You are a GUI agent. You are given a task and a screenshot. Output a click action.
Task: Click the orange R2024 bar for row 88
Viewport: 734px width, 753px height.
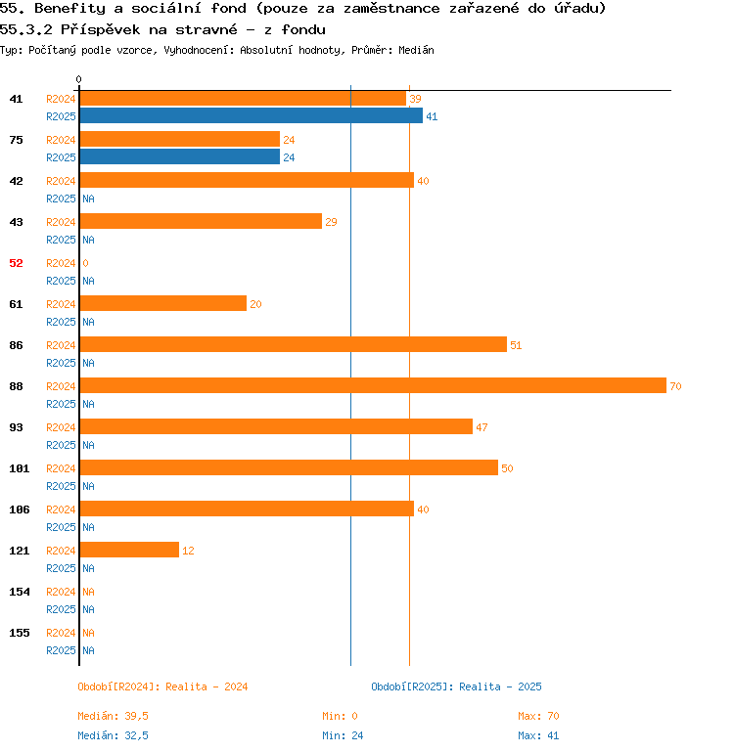tap(372, 385)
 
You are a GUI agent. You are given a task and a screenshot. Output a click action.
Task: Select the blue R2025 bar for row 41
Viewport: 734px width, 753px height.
tap(251, 115)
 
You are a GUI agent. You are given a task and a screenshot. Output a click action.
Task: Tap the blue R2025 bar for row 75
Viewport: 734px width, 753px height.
tap(179, 156)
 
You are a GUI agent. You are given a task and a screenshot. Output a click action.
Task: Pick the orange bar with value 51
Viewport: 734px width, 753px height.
tap(293, 344)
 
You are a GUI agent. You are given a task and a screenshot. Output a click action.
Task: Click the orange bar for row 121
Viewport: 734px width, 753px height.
tap(129, 550)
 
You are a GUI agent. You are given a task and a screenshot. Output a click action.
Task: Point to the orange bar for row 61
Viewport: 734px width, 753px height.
tap(162, 303)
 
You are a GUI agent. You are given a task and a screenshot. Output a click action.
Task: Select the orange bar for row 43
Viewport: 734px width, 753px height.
tap(201, 221)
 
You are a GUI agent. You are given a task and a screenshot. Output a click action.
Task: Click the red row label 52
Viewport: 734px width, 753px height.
tap(17, 263)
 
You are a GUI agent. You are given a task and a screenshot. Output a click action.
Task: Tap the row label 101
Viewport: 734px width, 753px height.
tap(20, 468)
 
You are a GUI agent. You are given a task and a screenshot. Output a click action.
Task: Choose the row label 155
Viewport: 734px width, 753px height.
tap(20, 633)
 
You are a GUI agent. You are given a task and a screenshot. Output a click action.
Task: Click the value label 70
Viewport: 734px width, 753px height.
tap(675, 386)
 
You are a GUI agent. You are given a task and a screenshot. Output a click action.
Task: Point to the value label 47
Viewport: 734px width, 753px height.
tap(482, 427)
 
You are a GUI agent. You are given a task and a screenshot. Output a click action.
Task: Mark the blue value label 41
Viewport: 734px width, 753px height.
tap(432, 116)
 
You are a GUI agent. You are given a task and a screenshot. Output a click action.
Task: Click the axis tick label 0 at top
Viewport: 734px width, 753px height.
tap(79, 79)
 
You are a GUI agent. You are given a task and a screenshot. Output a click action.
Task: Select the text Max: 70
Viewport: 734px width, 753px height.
tap(538, 716)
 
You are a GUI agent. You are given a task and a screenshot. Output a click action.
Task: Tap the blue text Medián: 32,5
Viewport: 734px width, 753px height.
tap(113, 735)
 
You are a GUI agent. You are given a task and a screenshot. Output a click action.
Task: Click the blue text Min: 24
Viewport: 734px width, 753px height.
tap(343, 735)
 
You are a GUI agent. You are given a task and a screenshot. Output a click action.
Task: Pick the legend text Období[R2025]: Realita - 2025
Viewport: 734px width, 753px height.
tap(456, 687)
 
